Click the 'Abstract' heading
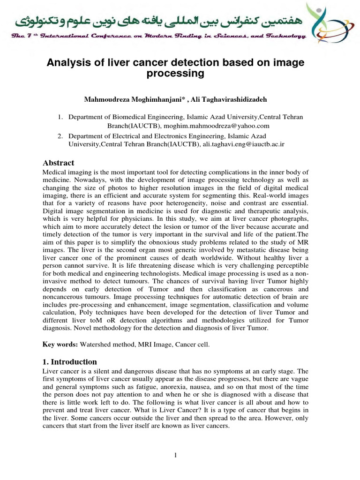(x=59, y=163)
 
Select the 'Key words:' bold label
(x=60, y=345)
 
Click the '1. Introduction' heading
(x=70, y=362)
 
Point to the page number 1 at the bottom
(x=175, y=455)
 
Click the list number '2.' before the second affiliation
(x=60, y=136)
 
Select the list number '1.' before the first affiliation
(x=60, y=117)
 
